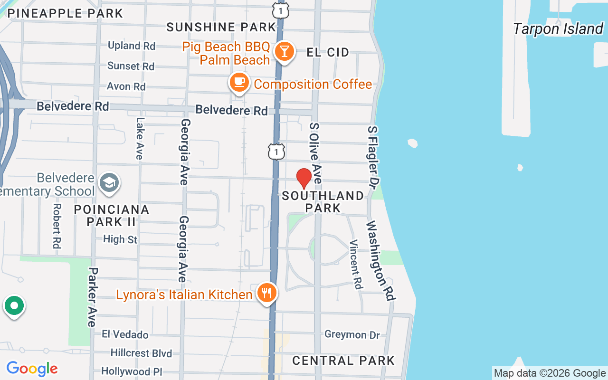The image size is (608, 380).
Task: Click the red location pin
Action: [304, 178]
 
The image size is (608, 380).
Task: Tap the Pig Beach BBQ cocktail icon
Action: [285, 51]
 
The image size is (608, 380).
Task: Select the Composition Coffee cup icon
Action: [239, 83]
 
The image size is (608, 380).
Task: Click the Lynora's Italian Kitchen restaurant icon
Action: [267, 292]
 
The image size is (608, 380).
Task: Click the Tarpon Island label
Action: [558, 29]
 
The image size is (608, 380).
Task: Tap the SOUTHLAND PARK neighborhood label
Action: [323, 202]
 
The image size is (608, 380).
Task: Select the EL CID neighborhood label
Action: [328, 52]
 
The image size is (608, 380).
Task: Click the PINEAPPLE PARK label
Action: [65, 13]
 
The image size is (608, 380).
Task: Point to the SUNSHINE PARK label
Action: [221, 27]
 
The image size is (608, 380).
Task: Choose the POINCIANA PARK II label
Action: [112, 215]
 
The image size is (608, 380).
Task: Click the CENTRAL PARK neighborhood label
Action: [343, 361]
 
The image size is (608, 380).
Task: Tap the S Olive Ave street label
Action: [316, 153]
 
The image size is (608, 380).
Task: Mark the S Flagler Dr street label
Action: [374, 156]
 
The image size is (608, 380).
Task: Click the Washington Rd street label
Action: [381, 260]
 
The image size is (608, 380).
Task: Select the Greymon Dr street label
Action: [352, 335]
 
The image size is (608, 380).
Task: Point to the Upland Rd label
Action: [132, 46]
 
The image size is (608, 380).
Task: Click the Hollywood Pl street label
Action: [132, 371]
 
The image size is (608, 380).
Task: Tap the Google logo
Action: [32, 369]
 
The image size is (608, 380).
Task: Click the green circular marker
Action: [14, 306]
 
